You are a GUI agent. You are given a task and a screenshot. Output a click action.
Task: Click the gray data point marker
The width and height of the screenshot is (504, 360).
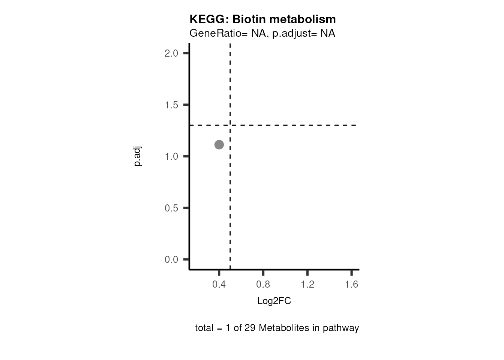click(219, 145)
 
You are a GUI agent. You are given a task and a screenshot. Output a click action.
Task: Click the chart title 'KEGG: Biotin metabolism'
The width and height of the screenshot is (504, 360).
click(262, 19)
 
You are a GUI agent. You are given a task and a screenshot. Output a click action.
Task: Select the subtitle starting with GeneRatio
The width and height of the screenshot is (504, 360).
click(262, 33)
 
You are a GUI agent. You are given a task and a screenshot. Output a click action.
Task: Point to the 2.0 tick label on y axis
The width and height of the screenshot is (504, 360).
click(171, 53)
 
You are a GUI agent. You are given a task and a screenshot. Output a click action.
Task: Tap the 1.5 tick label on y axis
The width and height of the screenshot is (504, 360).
click(171, 105)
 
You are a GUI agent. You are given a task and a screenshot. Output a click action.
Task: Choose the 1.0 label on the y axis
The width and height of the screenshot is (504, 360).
click(171, 156)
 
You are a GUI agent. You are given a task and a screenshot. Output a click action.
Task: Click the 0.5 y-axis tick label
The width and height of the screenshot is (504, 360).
click(171, 208)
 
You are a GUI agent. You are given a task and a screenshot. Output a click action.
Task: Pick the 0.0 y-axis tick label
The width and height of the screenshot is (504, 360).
click(171, 259)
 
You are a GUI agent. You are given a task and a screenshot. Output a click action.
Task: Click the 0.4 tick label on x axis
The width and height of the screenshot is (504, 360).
click(219, 285)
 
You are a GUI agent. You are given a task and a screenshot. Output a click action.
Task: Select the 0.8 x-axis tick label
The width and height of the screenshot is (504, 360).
click(263, 285)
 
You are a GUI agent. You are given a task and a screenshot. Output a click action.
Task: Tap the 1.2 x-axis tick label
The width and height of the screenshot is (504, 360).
click(307, 285)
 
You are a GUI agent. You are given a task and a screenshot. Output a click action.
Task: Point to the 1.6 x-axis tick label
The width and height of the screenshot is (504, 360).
click(351, 285)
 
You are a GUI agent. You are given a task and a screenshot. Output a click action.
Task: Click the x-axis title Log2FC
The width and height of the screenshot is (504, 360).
click(274, 301)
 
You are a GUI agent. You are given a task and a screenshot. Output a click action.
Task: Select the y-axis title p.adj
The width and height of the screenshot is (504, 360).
click(138, 157)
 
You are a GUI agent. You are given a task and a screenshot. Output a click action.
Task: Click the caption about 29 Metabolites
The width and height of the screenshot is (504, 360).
click(277, 328)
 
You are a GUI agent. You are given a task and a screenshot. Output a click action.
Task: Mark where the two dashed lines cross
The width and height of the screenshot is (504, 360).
click(230, 125)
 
